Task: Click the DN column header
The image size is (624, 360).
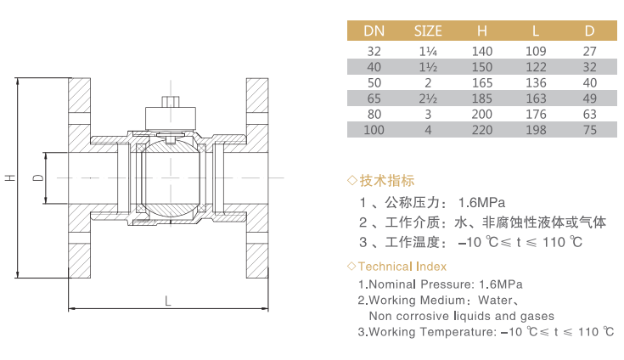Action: coord(374,31)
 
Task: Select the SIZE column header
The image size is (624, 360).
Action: coord(428,31)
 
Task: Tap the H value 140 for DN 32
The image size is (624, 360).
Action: coord(482,51)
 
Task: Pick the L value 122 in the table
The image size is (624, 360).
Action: coord(536,67)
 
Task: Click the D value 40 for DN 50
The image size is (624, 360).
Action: coord(589,82)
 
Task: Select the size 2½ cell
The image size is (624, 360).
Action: coord(428,98)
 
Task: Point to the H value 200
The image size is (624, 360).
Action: coord(482,114)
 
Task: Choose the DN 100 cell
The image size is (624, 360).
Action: coord(374,130)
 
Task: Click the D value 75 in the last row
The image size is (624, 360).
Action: coord(589,130)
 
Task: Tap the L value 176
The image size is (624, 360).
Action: coord(536,114)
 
